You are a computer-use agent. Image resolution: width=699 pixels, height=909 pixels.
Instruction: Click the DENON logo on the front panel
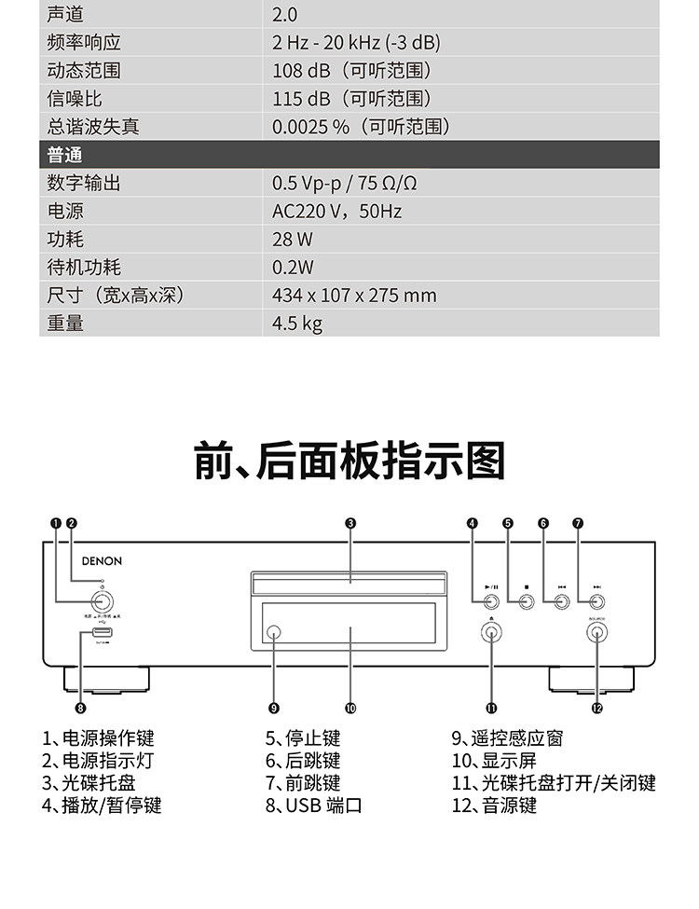(x=101, y=561)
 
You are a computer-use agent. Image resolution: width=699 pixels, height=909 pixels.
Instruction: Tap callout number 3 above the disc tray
(x=349, y=524)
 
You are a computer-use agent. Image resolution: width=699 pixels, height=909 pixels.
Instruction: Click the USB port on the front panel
(x=102, y=634)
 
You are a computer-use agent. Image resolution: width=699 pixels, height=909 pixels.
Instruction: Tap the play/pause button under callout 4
(x=491, y=601)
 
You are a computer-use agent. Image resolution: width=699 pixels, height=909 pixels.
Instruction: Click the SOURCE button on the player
(x=596, y=633)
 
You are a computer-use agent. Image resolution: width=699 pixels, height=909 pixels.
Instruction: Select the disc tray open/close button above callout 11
(x=491, y=633)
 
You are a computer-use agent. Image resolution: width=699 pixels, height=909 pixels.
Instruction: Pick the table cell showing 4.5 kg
(x=297, y=324)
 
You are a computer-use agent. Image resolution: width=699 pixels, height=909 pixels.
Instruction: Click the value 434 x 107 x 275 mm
(x=354, y=296)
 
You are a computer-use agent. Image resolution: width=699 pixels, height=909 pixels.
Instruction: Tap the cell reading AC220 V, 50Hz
(x=336, y=212)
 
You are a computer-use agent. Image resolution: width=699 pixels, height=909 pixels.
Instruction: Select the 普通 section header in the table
(x=65, y=155)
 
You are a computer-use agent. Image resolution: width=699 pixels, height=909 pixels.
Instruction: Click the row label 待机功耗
(x=84, y=268)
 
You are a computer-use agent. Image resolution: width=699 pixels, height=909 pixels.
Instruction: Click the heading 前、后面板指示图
(x=349, y=461)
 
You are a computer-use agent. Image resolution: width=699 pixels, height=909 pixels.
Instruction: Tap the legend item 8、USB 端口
(x=313, y=805)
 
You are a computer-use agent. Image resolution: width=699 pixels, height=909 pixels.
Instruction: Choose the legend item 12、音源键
(x=494, y=805)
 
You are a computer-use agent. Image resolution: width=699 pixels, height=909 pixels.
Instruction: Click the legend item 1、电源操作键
(x=98, y=739)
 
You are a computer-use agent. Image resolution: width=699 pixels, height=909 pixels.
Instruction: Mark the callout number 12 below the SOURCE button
(x=596, y=707)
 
